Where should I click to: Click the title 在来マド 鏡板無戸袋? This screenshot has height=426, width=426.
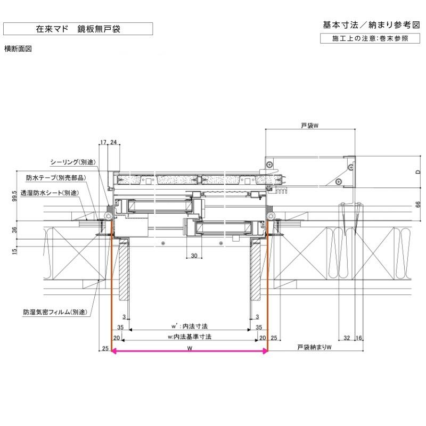[78, 29]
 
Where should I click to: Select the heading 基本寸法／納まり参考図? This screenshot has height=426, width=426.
[371, 25]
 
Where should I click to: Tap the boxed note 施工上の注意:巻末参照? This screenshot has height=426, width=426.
[371, 38]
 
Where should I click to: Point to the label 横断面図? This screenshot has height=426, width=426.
[19, 48]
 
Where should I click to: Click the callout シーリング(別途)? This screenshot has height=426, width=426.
[72, 162]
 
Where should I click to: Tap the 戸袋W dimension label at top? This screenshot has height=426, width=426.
[309, 126]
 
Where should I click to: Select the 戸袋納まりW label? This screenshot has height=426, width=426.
[314, 348]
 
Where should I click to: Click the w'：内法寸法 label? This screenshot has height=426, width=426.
[190, 325]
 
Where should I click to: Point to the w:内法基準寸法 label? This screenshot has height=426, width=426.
[190, 337]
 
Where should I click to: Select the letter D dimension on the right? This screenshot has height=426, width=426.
[418, 171]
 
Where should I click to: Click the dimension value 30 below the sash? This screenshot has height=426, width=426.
[194, 256]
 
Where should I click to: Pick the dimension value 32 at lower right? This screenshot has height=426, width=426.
[347, 338]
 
